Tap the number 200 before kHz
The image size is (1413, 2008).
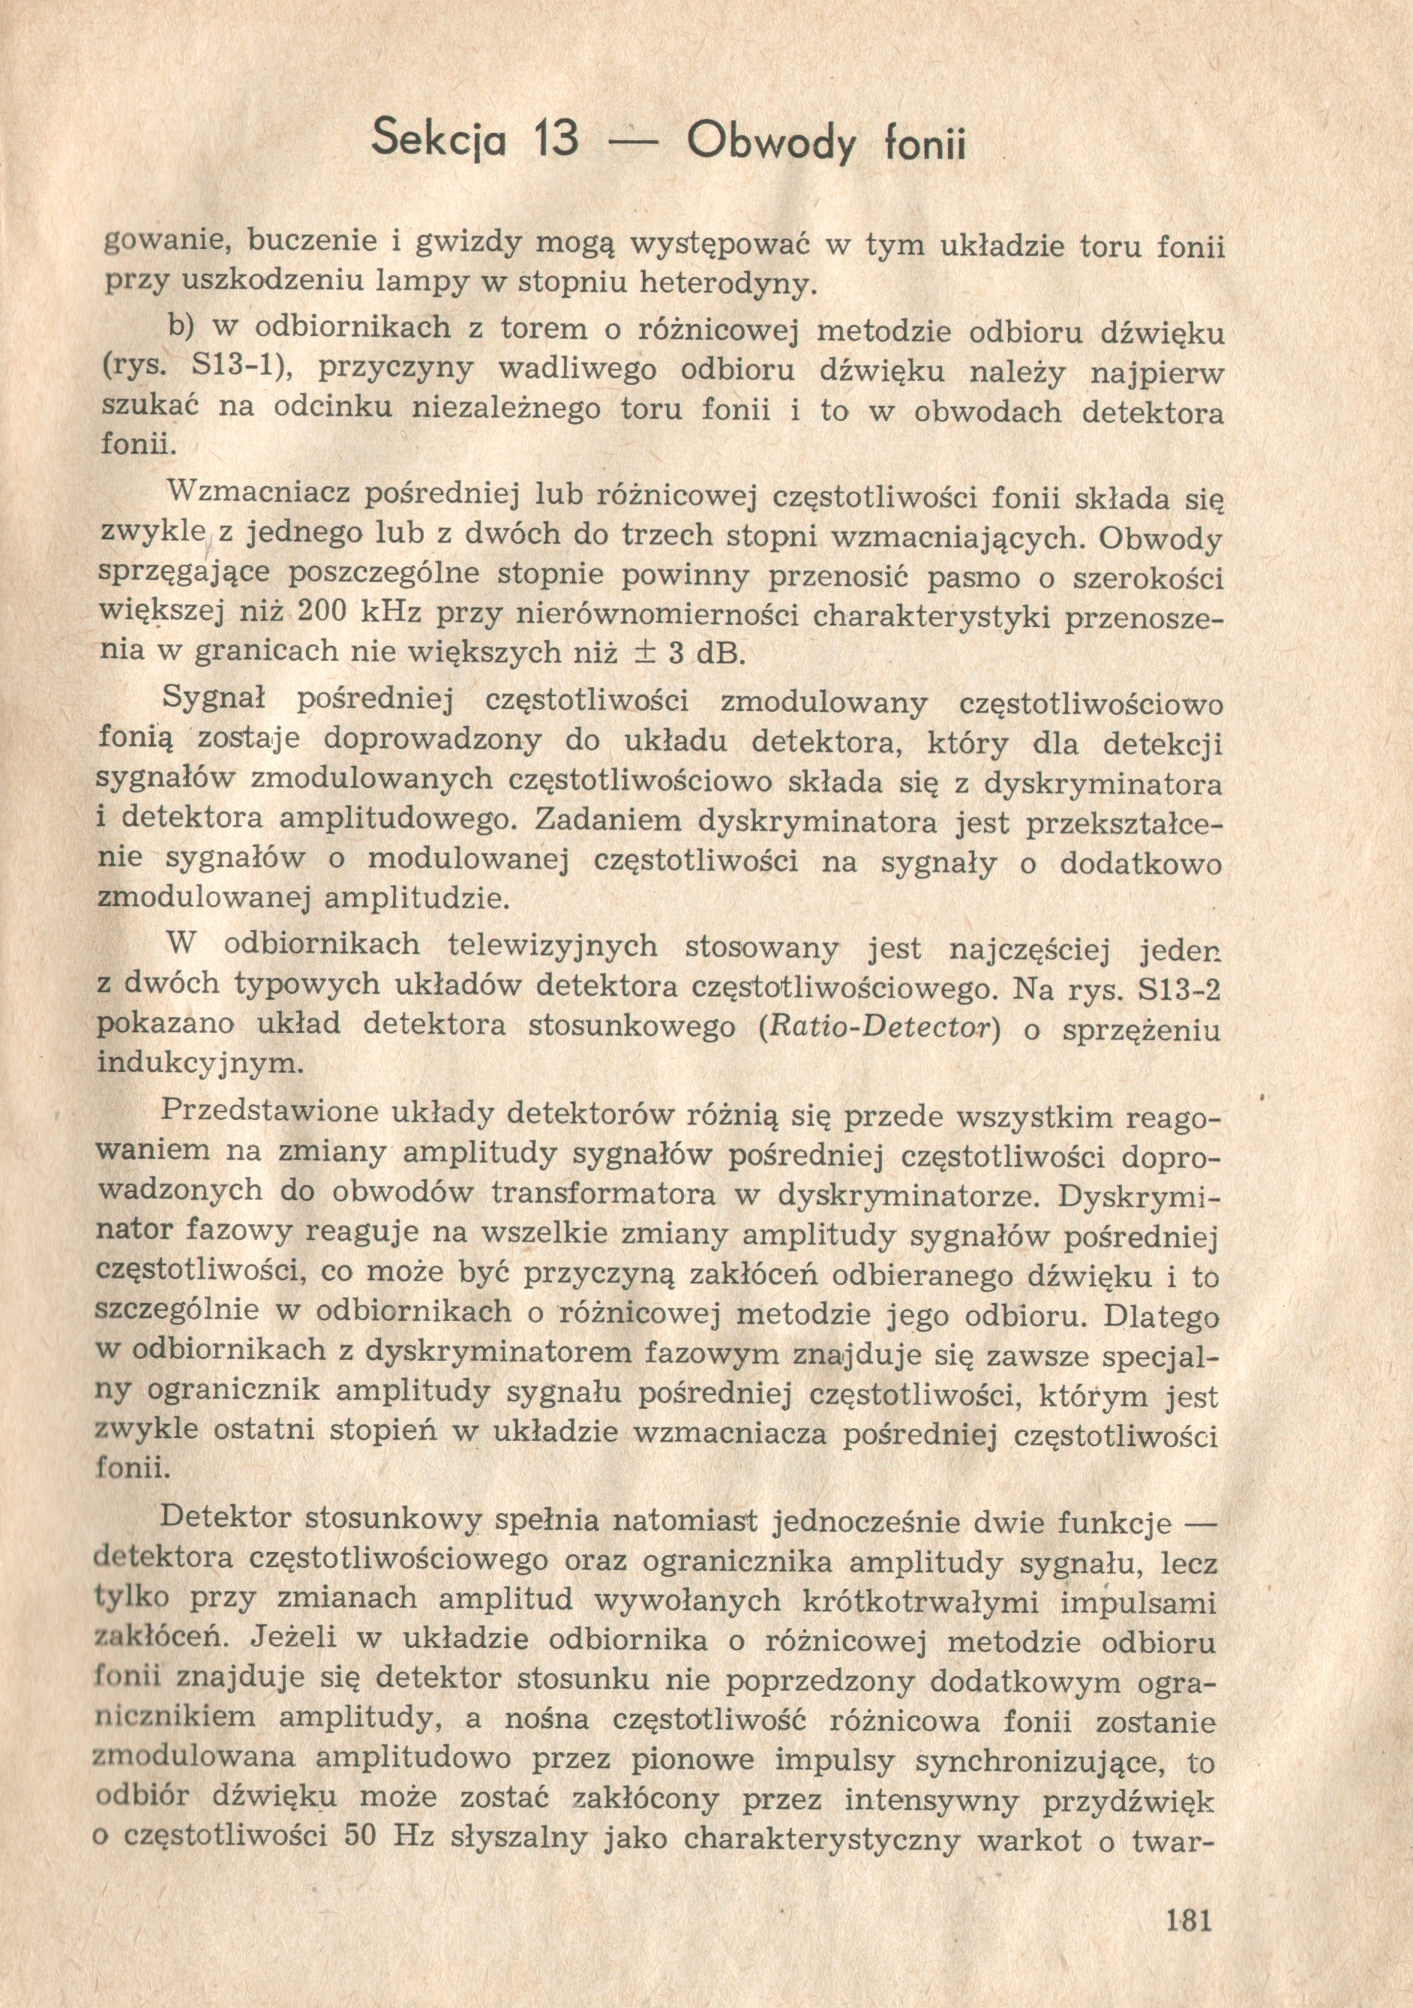click(x=325, y=613)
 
